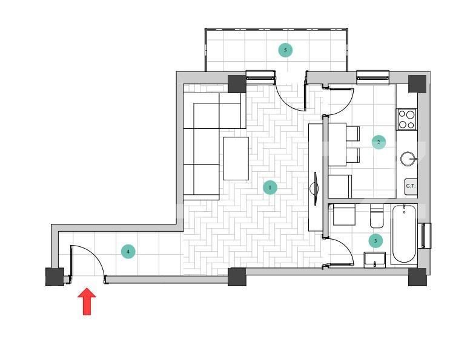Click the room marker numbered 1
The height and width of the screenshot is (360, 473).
pos(270,188)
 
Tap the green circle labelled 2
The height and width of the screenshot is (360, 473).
pos(379,143)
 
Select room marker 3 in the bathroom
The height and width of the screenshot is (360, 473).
pos(375,241)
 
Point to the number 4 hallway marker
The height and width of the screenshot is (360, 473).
pos(128,251)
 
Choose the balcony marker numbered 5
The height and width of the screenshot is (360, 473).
pos(285,50)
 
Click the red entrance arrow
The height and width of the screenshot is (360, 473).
pos(87,301)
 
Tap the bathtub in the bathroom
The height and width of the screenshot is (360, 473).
pos(404,234)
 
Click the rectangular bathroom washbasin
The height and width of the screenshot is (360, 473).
pos(375,260)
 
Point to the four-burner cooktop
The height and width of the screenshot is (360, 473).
pos(407,119)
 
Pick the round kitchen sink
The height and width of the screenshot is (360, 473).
pos(409,159)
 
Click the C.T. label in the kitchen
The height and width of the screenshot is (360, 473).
pos(411,186)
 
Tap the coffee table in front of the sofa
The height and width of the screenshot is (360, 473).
pos(236,159)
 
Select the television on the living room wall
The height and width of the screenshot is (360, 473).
pos(315,185)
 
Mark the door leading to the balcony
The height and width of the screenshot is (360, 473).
pos(289,97)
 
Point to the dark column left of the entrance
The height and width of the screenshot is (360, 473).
pos(55,277)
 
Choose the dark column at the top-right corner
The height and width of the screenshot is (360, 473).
pos(417,83)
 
